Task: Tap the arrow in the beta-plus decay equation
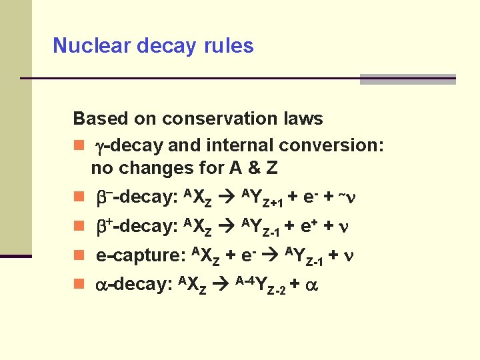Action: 226,227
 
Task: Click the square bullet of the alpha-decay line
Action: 79,284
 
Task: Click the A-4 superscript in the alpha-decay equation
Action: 244,278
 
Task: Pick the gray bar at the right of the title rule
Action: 407,79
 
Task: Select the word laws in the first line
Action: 303,119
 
